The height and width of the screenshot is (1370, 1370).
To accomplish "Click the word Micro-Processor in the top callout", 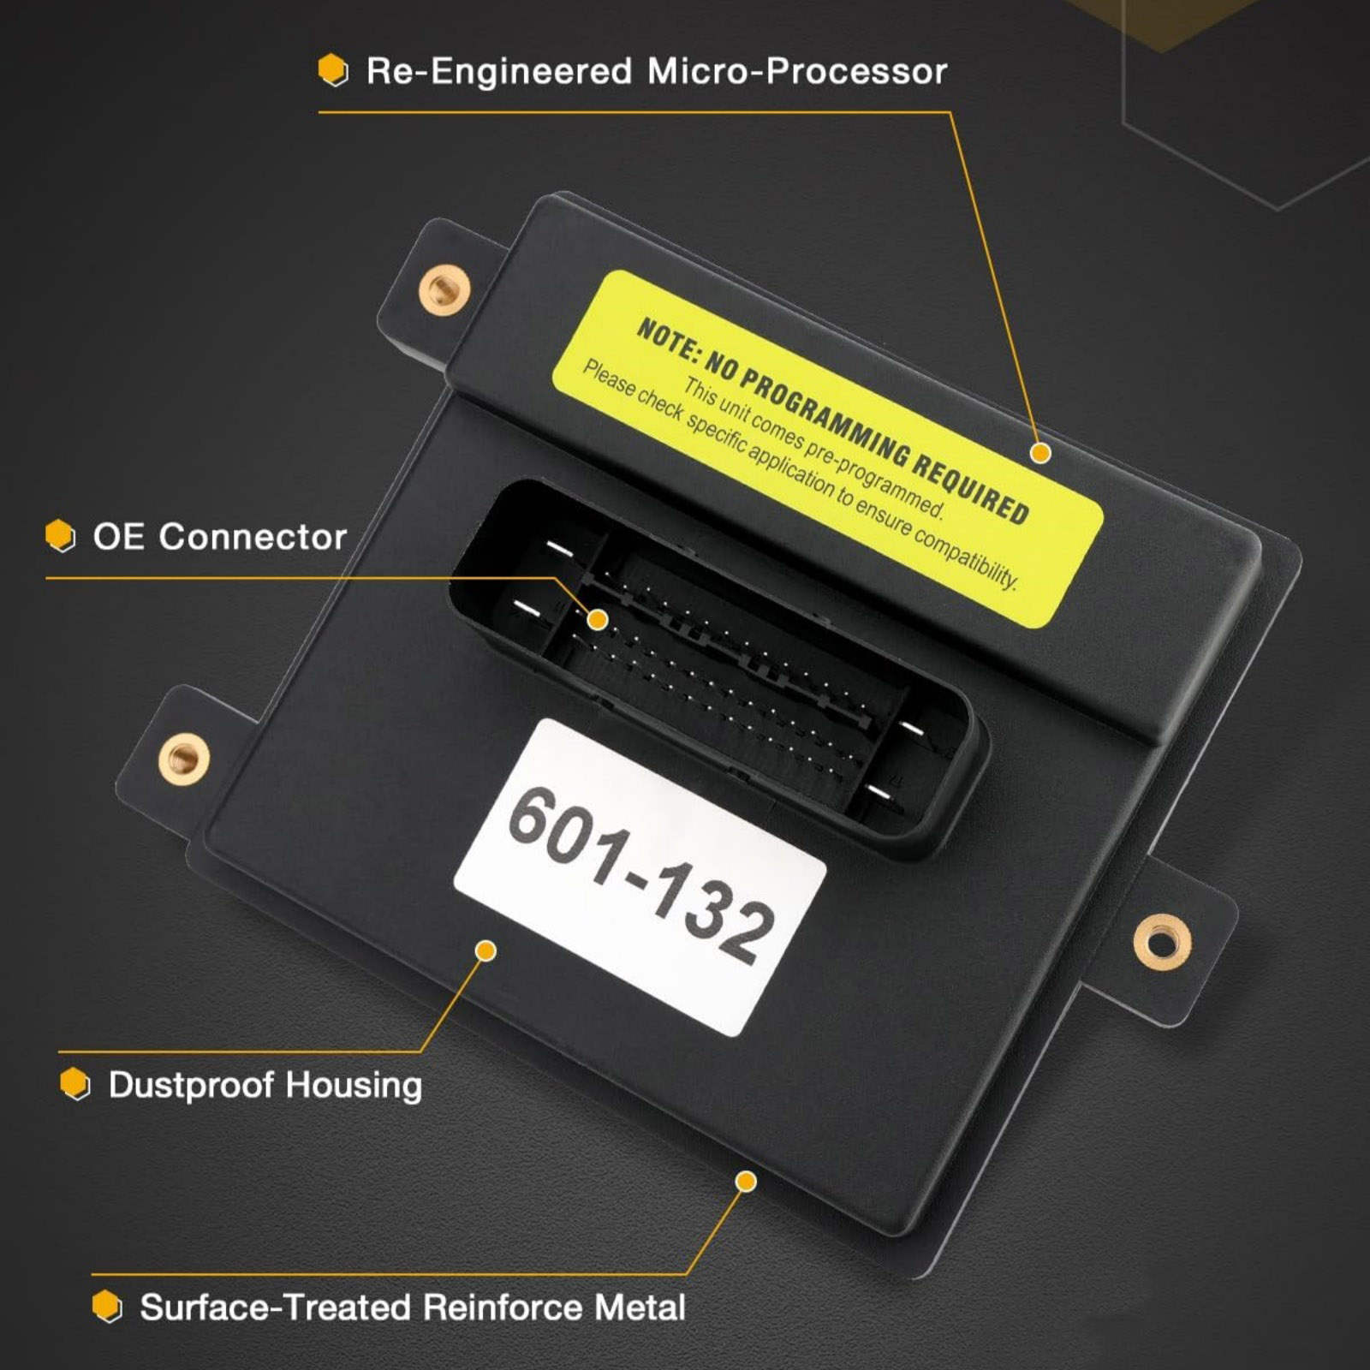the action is tap(796, 71).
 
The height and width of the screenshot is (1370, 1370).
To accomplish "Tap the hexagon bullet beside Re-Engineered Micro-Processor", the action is tap(333, 70).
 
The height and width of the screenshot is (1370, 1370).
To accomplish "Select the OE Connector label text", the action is tap(219, 537).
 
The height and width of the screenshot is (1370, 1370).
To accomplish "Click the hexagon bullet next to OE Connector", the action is tap(60, 536).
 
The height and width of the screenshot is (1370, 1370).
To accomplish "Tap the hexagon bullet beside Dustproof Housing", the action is tap(75, 1084).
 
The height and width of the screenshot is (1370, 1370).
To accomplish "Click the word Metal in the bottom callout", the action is tap(640, 1307).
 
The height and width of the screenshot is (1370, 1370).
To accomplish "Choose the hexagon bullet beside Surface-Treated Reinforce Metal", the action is tap(107, 1307).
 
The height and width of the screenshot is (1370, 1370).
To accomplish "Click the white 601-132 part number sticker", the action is tap(640, 878).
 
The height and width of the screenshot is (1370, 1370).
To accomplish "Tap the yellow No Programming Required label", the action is tap(827, 450).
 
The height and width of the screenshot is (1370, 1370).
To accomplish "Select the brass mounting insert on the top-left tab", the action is tap(444, 289).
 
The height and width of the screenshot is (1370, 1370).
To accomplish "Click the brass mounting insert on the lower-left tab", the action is tap(183, 757).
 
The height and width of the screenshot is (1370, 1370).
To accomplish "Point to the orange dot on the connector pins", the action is tap(598, 620).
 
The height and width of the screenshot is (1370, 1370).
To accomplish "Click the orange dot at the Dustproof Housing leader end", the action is tap(485, 950).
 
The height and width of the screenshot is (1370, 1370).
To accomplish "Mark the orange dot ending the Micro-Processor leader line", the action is tap(1040, 453).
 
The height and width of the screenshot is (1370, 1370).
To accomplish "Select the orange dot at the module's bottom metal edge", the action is tap(746, 1182).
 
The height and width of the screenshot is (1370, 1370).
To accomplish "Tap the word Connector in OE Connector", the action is tap(253, 537).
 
